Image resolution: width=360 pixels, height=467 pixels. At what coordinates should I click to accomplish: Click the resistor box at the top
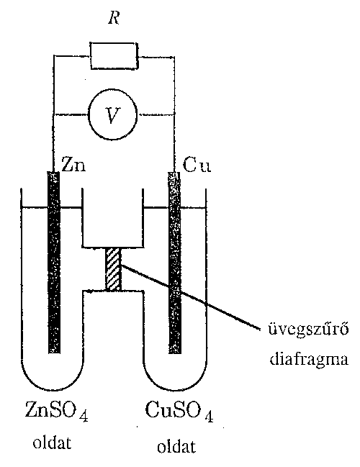pyautogui.click(x=114, y=56)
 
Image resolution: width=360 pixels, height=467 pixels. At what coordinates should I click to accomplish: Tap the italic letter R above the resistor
pyautogui.click(x=114, y=18)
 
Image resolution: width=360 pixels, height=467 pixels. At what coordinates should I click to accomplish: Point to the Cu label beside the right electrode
pyautogui.click(x=197, y=165)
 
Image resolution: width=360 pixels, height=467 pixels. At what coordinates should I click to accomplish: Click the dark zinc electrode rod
pyautogui.click(x=54, y=263)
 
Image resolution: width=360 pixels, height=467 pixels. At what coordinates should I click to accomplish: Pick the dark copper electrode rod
pyautogui.click(x=175, y=263)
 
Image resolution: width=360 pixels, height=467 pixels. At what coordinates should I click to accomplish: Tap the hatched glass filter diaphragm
pyautogui.click(x=114, y=269)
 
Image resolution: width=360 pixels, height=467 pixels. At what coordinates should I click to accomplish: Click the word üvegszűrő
pyautogui.click(x=308, y=330)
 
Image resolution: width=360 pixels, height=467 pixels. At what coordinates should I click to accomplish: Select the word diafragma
pyautogui.click(x=309, y=359)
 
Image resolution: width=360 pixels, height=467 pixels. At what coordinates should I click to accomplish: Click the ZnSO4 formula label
pyautogui.click(x=56, y=412)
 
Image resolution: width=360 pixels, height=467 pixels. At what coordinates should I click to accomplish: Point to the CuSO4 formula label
pyautogui.click(x=179, y=412)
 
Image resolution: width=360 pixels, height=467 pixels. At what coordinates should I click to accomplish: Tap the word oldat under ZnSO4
pyautogui.click(x=52, y=443)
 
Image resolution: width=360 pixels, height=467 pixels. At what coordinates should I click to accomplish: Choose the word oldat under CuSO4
pyautogui.click(x=176, y=447)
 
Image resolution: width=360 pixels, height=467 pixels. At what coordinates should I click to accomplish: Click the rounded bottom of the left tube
pyautogui.click(x=53, y=390)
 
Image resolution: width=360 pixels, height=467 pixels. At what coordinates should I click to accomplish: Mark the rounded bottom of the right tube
pyautogui.click(x=175, y=390)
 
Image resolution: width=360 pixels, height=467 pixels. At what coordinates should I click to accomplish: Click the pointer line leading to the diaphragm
pyautogui.click(x=190, y=297)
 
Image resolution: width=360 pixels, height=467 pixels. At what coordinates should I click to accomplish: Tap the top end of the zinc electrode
pyautogui.click(x=54, y=173)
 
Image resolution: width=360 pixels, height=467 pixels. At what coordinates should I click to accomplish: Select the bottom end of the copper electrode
pyautogui.click(x=175, y=353)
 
